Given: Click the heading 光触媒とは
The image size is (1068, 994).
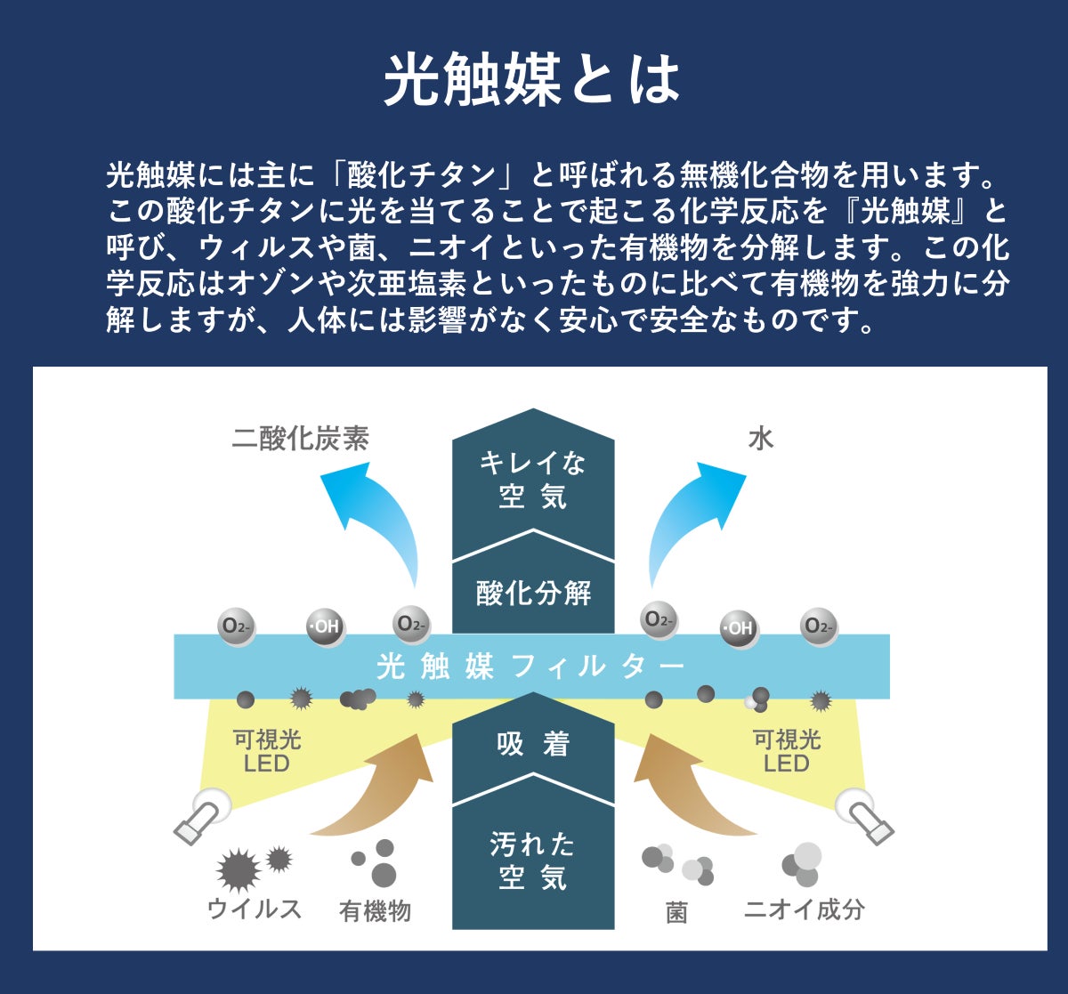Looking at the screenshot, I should [x=532, y=80].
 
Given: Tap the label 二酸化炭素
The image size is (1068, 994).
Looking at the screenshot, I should [x=300, y=439].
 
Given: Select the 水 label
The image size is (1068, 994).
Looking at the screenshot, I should [x=760, y=439].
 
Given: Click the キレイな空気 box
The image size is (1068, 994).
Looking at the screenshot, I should [x=533, y=481].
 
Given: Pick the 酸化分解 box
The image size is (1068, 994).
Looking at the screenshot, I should [x=533, y=593].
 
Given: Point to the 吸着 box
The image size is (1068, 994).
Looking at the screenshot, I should [x=533, y=744].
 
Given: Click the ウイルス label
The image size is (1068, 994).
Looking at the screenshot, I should [x=255, y=908].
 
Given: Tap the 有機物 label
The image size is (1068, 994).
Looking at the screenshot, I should [x=375, y=910].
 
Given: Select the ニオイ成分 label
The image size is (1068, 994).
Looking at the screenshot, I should [x=805, y=909].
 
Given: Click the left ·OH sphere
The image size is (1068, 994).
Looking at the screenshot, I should [x=325, y=626].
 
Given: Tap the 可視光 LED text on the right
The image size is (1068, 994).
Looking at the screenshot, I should [x=787, y=751].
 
